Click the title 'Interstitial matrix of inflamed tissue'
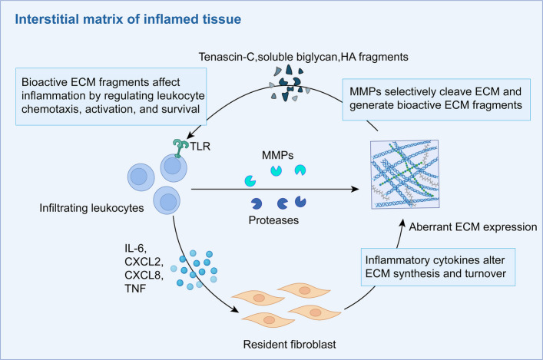coord(127,19)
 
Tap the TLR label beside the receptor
coord(200,146)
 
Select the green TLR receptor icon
coord(180,148)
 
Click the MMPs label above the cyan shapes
coord(278,155)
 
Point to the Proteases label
coord(273,220)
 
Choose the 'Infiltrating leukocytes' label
coord(91,208)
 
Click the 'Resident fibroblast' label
coord(290,345)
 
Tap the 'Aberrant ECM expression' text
coord(473,226)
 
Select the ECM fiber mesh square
coord(405,174)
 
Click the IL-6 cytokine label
coord(136,248)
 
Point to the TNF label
coord(135,289)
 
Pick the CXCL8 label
coord(144,275)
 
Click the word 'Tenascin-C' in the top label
coord(227,57)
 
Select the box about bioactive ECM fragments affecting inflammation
coord(111,96)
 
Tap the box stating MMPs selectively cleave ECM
coord(436,99)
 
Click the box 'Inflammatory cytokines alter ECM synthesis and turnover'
coord(438,267)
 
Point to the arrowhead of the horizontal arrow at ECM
coord(356,189)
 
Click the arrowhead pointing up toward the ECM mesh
coord(402,223)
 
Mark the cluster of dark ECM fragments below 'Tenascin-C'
coord(290,84)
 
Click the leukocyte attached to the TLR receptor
coord(174,168)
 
